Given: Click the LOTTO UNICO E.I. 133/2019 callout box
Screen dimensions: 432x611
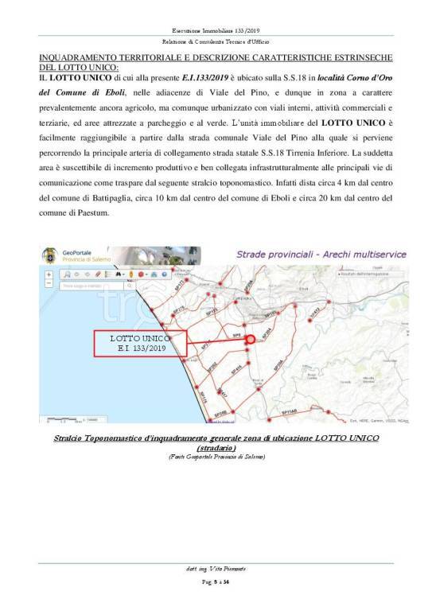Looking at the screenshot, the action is tap(139, 344).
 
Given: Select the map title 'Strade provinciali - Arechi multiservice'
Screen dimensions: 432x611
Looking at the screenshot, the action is tap(321, 255).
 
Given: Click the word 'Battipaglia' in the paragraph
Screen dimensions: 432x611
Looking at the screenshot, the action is tap(161, 198).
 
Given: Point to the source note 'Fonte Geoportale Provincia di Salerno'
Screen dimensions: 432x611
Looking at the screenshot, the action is tap(216, 457).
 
